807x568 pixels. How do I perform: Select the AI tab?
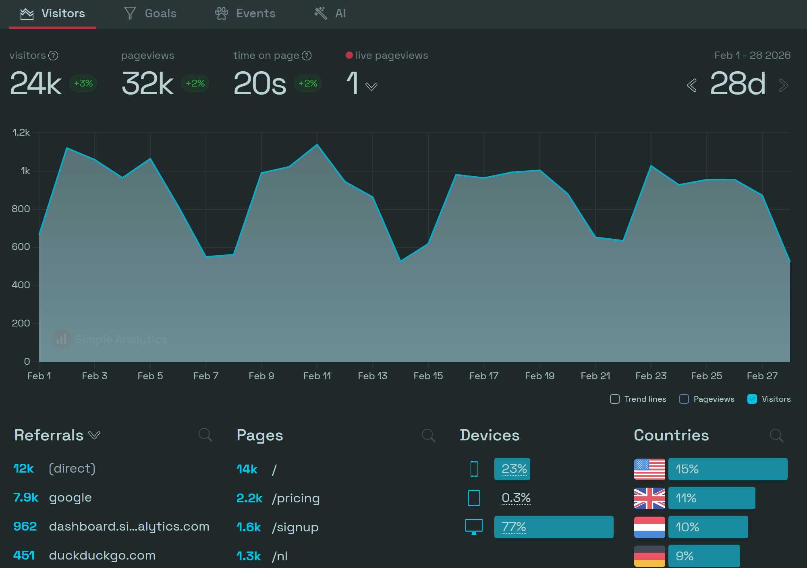pos(330,14)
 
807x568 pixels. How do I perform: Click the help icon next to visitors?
pos(53,56)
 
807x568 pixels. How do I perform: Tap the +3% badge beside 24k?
pos(83,83)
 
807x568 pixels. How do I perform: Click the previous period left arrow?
pos(692,85)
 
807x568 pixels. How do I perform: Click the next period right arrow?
pos(783,85)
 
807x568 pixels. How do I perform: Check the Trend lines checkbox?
pos(615,399)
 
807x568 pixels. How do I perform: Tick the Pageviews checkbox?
pos(684,399)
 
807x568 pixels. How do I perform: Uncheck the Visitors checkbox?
pos(752,399)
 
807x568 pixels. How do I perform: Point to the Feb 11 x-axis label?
pos(317,376)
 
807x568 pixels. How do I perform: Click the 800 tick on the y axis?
pos(21,209)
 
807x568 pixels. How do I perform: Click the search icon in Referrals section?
pos(205,435)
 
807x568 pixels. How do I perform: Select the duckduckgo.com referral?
pos(102,556)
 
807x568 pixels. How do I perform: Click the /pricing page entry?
pos(296,498)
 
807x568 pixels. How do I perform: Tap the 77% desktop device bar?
pos(554,527)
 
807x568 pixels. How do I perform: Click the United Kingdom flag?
pos(649,498)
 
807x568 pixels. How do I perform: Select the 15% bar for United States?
pos(728,469)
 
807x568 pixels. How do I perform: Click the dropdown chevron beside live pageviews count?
pos(371,86)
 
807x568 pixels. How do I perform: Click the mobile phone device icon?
pos(474,469)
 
